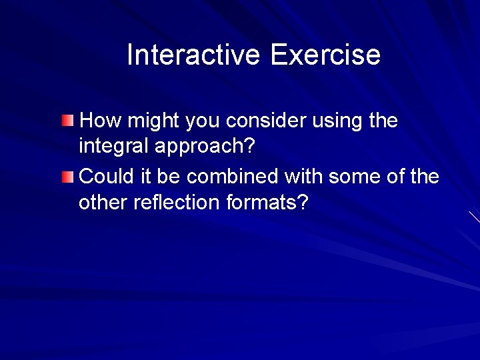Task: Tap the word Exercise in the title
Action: click(x=325, y=55)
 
